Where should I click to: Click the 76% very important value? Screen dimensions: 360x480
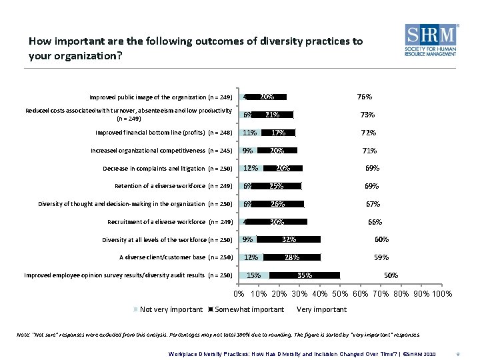pos(365,97)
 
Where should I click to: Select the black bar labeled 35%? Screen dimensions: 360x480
pos(305,275)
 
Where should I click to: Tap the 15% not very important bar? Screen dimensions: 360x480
pos(254,275)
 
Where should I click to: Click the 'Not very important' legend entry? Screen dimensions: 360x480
pos(169,309)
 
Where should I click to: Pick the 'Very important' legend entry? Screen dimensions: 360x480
pos(321,309)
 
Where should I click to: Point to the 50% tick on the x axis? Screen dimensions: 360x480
pos(340,294)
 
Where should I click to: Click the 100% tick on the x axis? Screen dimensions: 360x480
pos(442,294)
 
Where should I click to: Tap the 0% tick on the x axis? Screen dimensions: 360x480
pos(239,294)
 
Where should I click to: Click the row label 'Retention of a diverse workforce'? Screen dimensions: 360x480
pos(173,186)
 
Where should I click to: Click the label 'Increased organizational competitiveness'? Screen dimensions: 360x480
pos(161,151)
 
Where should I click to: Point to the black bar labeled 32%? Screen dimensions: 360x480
pos(289,239)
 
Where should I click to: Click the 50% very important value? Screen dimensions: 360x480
pos(391,275)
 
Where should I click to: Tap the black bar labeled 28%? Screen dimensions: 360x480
pos(291,257)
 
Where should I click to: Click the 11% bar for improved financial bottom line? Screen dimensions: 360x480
pos(250,133)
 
